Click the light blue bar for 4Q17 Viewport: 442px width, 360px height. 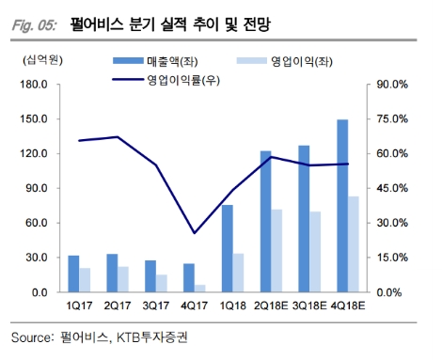click(200, 288)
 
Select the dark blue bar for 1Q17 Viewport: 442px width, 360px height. click(74, 274)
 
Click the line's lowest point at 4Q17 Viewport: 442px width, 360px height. click(195, 233)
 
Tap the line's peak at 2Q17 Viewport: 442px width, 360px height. click(118, 137)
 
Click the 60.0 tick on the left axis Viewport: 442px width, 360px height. click(35, 223)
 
